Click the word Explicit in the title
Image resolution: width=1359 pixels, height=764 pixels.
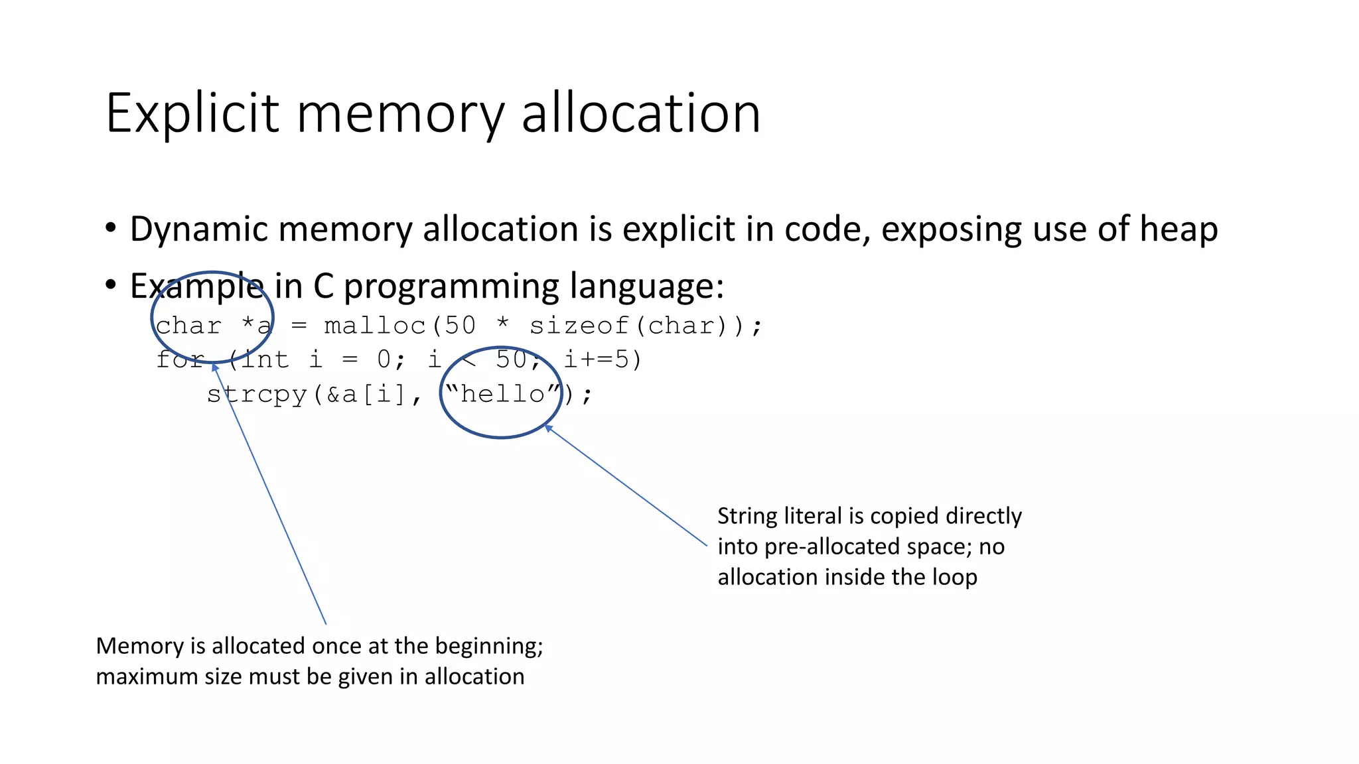point(192,114)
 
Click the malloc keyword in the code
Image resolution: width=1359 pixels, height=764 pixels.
point(375,326)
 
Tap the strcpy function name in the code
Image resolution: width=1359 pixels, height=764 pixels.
point(257,395)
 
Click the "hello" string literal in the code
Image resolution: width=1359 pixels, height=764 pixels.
point(504,395)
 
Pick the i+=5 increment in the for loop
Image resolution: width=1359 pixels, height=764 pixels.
point(595,360)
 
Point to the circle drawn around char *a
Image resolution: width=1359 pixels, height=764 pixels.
point(153,318)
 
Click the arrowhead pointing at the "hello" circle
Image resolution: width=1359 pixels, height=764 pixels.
point(548,428)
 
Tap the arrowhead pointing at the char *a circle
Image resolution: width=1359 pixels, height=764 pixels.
point(214,367)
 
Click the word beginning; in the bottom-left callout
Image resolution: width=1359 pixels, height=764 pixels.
point(489,646)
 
